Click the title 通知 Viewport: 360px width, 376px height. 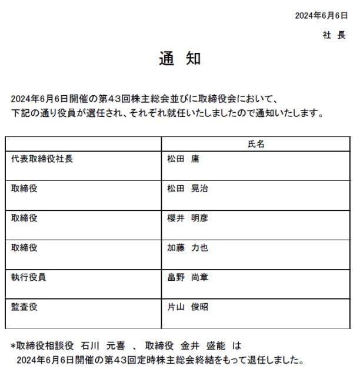[180, 58]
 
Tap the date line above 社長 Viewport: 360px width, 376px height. [322, 16]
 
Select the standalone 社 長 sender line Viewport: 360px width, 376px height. [334, 35]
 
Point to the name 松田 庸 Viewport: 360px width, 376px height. [184, 159]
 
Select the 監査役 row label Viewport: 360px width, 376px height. [24, 307]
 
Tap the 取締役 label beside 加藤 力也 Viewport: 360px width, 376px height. [24, 247]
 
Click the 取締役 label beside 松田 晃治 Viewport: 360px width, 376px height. [24, 189]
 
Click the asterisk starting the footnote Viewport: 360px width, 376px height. [13, 345]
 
